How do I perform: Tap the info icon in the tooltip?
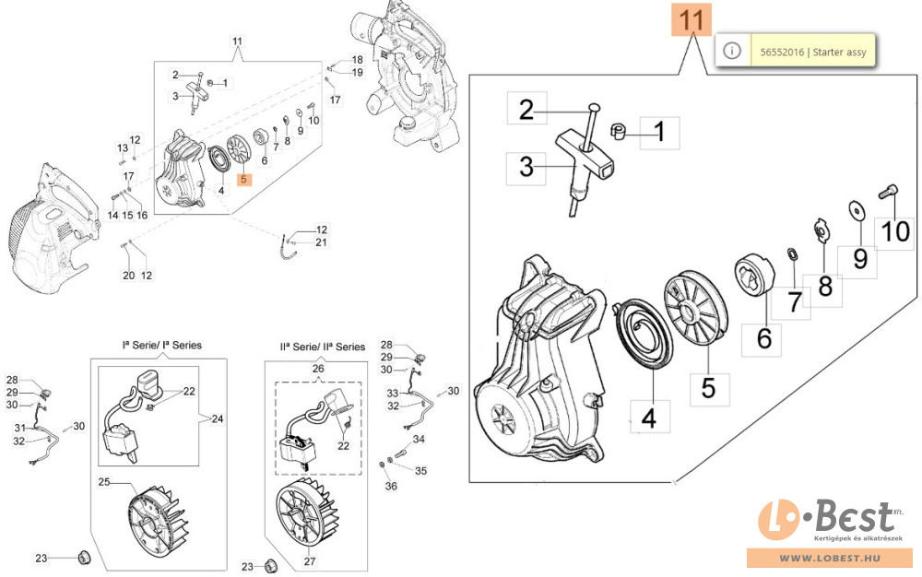point(732,52)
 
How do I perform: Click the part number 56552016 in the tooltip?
point(780,52)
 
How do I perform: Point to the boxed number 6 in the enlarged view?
point(763,338)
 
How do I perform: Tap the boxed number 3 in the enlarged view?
point(526,167)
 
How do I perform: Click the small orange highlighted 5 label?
point(244,181)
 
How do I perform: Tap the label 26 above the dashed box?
point(319,370)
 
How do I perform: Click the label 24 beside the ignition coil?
point(218,419)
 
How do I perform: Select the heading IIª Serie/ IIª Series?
point(322,347)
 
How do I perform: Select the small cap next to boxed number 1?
point(620,132)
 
